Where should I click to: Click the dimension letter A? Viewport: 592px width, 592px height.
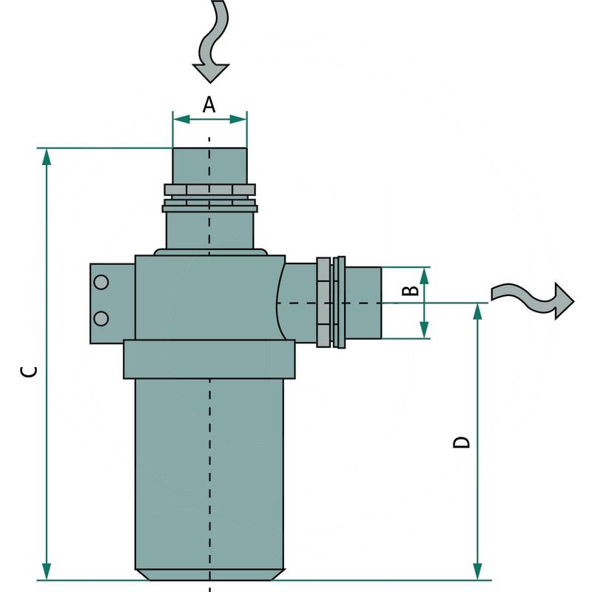209,105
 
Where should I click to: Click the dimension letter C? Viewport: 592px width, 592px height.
28,371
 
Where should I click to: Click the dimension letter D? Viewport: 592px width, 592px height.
461,442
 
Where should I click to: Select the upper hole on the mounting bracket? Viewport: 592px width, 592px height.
101,282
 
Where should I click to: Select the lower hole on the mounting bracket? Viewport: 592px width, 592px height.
101,317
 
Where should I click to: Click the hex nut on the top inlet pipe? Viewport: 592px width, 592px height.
209,191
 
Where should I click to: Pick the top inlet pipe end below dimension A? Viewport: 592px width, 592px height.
209,165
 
